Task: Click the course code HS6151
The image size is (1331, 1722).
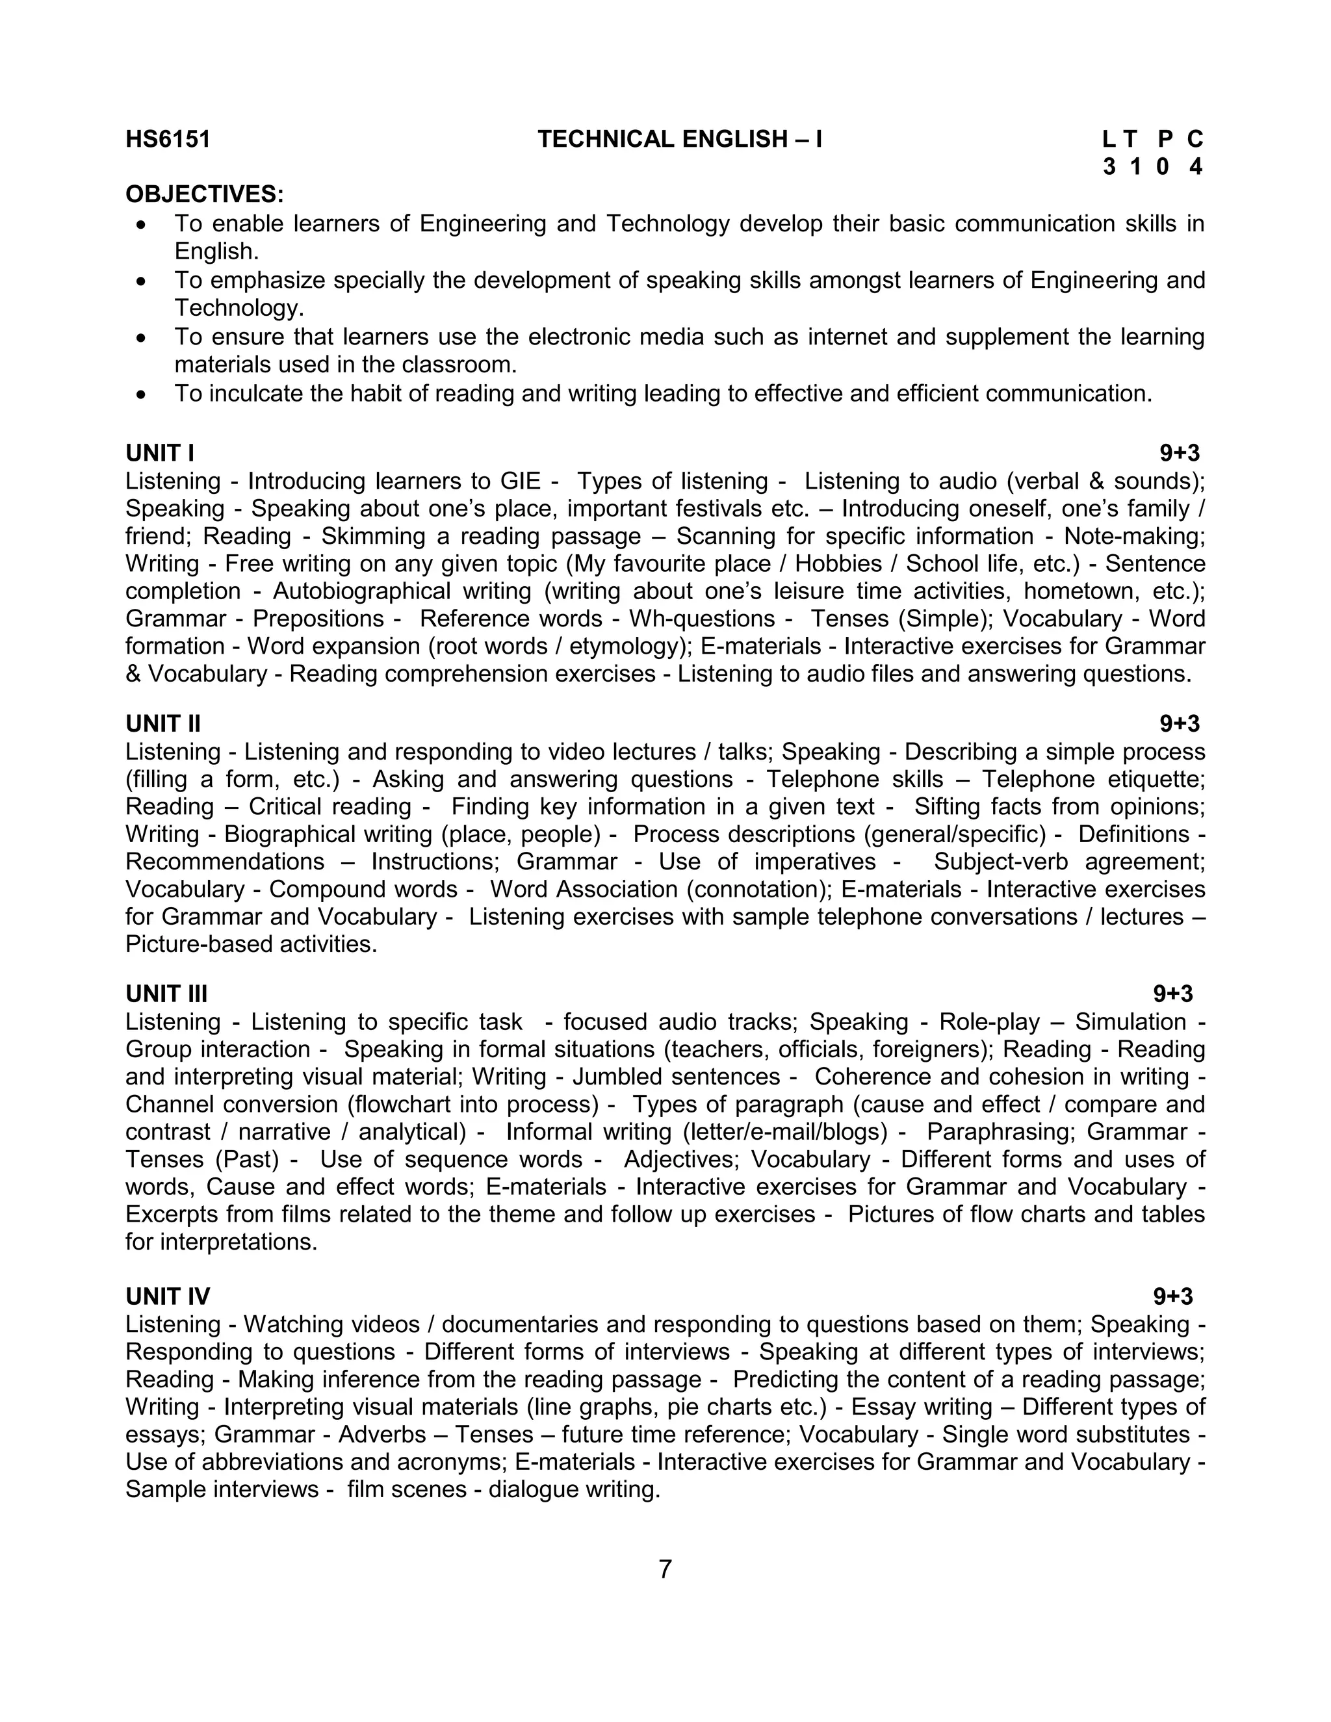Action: (x=168, y=140)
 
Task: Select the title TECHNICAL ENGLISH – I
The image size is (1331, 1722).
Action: (x=680, y=140)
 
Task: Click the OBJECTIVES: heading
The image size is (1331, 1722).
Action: (x=205, y=194)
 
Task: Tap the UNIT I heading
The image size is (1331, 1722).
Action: (x=160, y=454)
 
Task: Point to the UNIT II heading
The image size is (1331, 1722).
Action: (x=163, y=724)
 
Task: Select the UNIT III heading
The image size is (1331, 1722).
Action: (x=166, y=994)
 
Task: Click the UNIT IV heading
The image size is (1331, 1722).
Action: (x=168, y=1297)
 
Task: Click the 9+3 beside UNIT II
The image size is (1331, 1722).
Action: (x=1179, y=724)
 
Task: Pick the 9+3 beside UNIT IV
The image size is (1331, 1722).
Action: (x=1172, y=1297)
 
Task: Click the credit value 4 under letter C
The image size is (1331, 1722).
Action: (x=1195, y=167)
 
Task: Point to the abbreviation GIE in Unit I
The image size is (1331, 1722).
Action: (x=521, y=481)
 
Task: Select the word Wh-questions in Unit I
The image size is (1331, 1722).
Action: (x=702, y=619)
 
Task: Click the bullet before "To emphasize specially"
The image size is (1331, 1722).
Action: (x=141, y=281)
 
